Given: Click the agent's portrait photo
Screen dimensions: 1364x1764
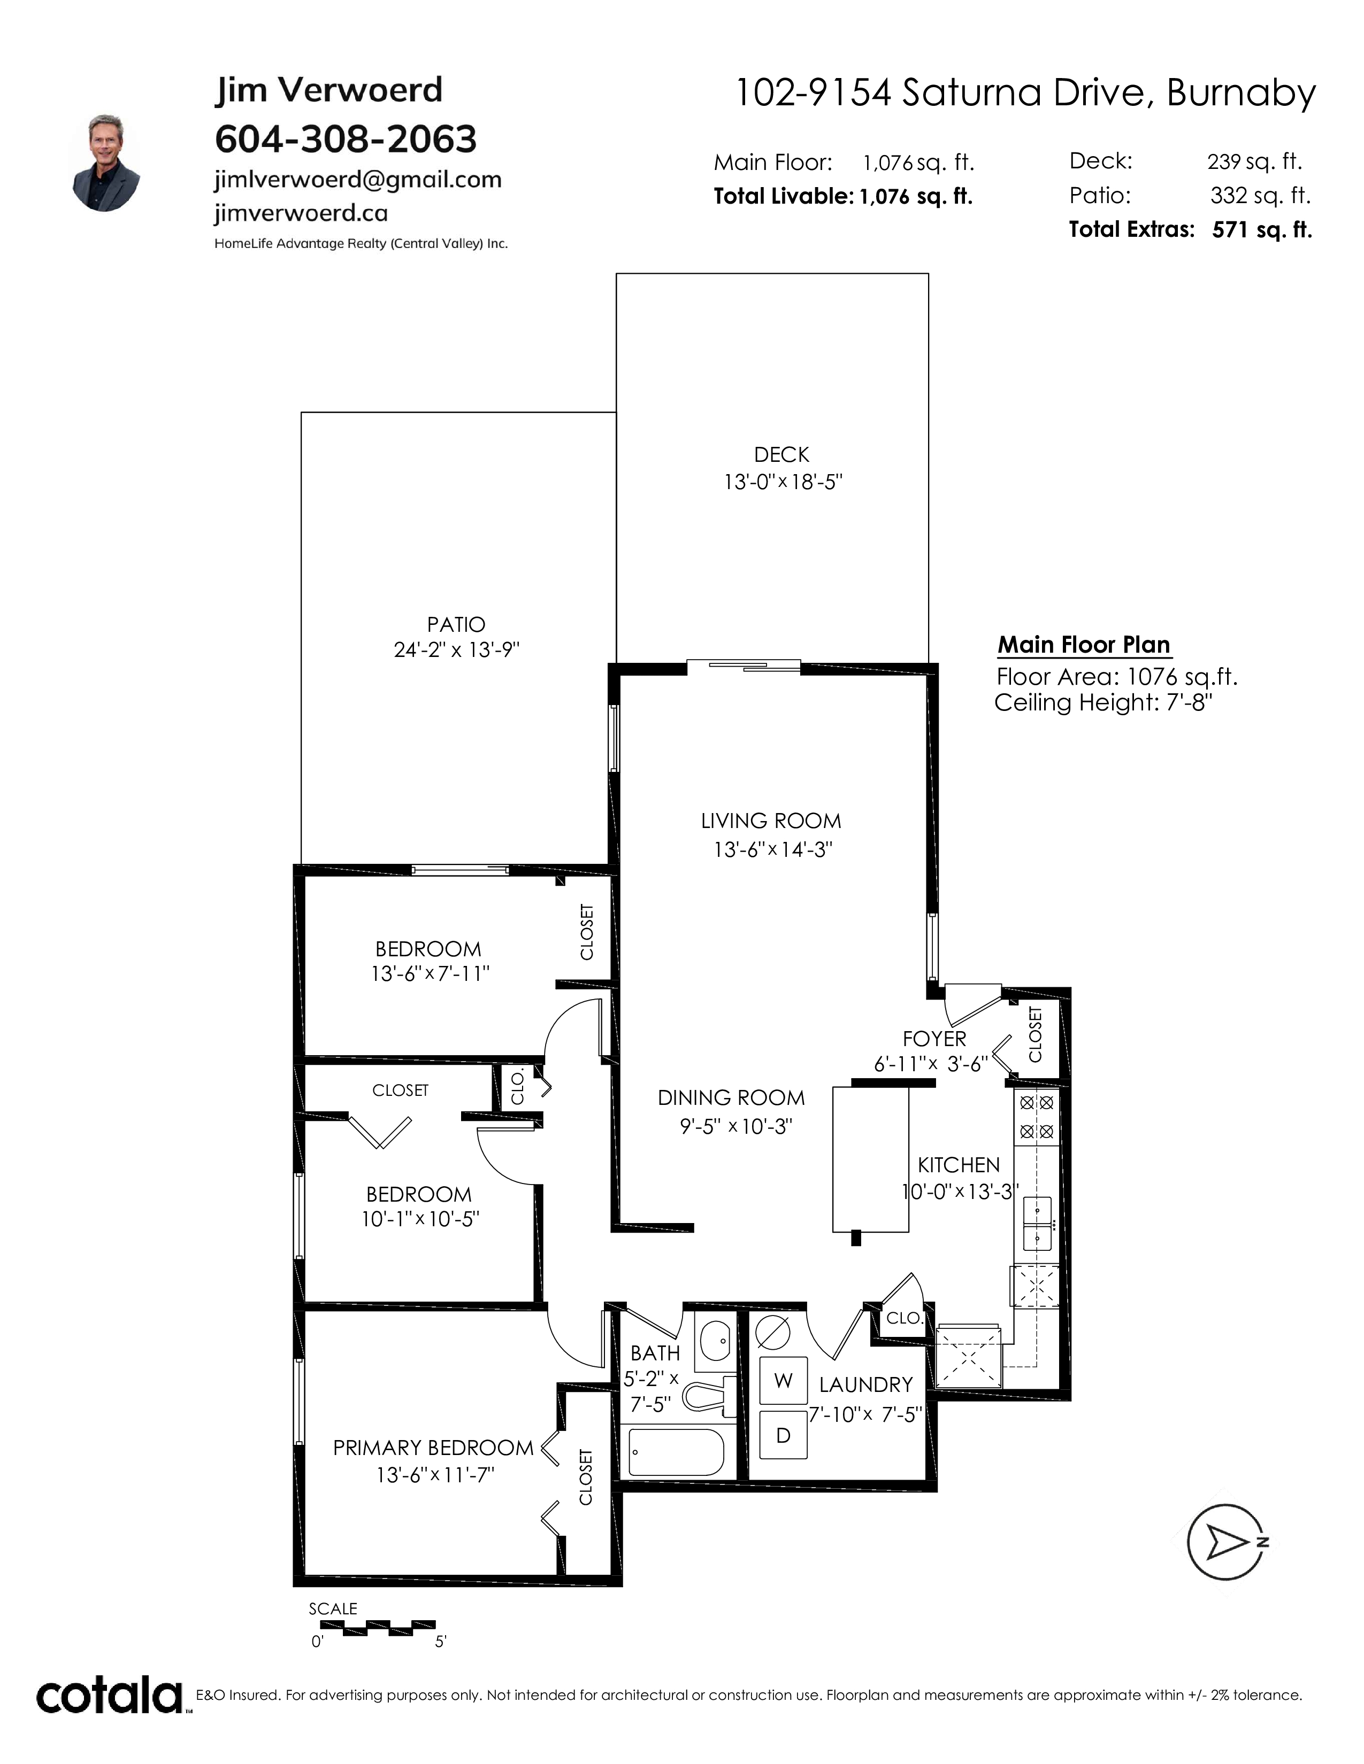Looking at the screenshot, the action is coord(106,163).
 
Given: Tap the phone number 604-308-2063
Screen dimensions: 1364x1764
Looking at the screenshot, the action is coord(346,139).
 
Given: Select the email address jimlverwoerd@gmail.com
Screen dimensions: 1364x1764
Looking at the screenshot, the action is coord(358,179).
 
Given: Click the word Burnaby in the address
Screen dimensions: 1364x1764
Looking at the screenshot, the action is coord(1240,94).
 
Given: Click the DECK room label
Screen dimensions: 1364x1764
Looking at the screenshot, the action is coord(781,455).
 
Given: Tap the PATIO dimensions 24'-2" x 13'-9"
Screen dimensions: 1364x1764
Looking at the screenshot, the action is coord(457,650).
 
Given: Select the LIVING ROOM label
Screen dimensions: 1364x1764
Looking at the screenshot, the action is coord(771,822).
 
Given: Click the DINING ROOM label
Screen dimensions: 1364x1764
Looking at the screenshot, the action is coord(731,1097).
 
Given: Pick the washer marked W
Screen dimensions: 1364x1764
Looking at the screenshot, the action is coord(783,1380).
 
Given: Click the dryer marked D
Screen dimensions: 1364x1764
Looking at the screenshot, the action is coord(783,1435).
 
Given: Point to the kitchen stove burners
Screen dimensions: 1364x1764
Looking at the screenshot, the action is coord(1036,1116).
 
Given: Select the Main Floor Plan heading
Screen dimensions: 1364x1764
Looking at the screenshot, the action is coord(1084,645).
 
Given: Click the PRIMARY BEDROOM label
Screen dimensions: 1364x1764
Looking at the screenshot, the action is coord(433,1448).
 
